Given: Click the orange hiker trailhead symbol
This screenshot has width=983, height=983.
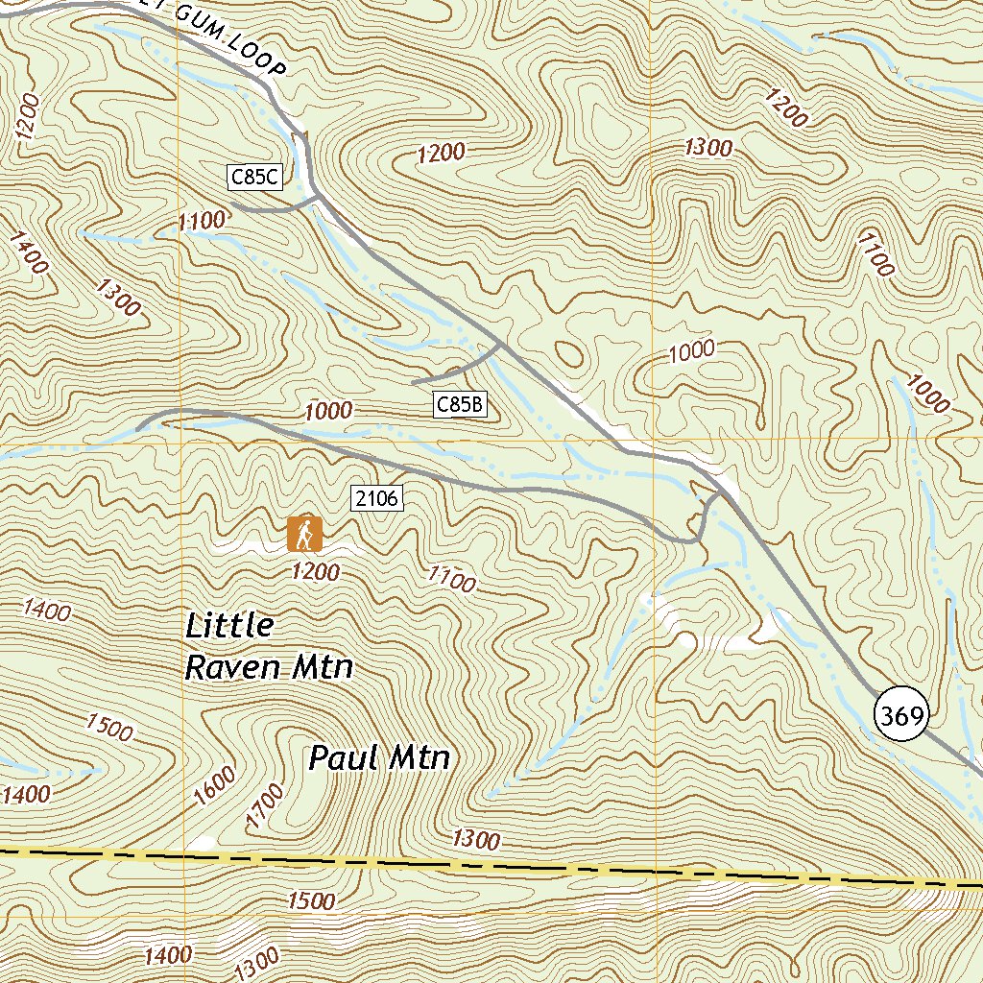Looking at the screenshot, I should click(304, 534).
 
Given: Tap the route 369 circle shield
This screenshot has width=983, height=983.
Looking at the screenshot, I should click(902, 716).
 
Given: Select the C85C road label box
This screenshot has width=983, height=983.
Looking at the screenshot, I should click(254, 176).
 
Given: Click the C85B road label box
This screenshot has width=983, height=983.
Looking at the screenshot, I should click(460, 405).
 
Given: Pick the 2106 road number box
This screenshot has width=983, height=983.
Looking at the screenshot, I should click(376, 498).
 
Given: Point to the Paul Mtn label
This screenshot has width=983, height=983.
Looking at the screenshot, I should click(379, 758).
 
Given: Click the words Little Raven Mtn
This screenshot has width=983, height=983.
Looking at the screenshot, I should click(268, 646).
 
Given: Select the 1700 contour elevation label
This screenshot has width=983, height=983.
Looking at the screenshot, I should click(266, 804).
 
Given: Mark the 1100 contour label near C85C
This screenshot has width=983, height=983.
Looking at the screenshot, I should click(202, 222).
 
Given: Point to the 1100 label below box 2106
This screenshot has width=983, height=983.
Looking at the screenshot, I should click(452, 579).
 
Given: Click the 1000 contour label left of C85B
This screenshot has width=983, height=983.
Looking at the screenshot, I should click(328, 412).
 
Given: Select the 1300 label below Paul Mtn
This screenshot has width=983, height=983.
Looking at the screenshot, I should click(476, 840).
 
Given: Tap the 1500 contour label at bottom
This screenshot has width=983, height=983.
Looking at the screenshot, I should click(311, 901).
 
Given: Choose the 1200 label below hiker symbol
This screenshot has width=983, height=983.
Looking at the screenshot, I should click(316, 573).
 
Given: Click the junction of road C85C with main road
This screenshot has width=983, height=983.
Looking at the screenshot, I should click(317, 199).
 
